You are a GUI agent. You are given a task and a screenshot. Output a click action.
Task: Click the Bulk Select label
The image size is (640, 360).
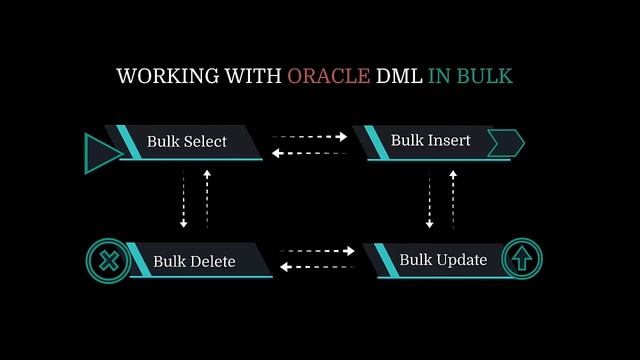point(187,141)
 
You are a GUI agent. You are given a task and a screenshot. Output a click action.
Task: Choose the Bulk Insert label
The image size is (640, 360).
point(430,140)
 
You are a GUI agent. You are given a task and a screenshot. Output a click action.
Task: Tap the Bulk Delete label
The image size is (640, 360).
point(194,262)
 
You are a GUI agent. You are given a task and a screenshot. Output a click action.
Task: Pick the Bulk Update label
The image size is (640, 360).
point(443,260)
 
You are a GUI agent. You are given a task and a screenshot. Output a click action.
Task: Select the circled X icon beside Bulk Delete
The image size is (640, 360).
point(106,262)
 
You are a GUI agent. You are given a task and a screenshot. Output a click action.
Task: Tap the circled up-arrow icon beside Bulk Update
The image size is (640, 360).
point(522,260)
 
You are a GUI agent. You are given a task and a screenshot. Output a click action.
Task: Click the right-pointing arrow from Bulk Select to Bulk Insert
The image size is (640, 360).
point(310,135)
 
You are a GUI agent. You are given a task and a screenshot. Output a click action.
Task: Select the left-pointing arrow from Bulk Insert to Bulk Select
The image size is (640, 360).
point(310,152)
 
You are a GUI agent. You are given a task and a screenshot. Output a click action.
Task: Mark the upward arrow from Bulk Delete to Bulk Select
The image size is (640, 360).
point(207,198)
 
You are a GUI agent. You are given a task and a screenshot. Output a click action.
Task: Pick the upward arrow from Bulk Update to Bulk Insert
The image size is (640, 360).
point(453,198)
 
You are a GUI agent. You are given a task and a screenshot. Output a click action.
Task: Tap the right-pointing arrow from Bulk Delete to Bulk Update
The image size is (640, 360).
point(318,251)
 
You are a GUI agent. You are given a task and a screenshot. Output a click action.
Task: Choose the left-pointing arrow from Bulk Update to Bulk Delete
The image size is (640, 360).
point(318,267)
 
